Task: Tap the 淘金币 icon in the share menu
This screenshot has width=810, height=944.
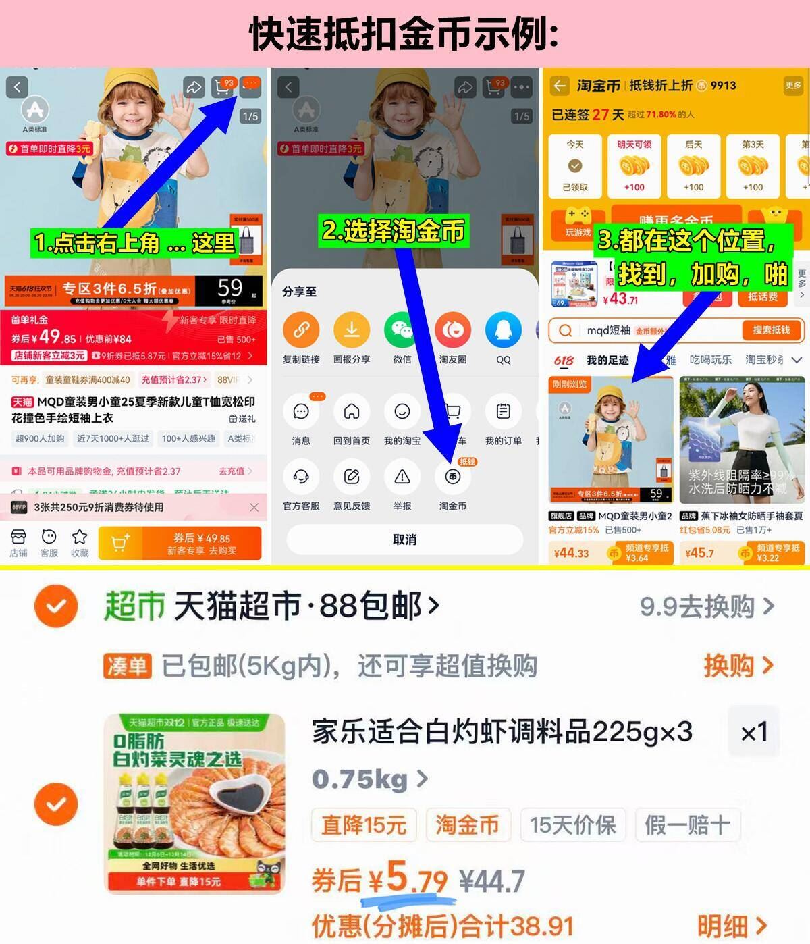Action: click(452, 477)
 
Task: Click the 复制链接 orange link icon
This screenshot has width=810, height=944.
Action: click(301, 330)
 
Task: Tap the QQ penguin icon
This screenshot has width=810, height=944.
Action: click(503, 330)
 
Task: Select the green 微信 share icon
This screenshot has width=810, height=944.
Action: click(402, 330)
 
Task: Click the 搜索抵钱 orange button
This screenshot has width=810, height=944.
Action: click(771, 330)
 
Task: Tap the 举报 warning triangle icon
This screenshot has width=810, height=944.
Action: click(402, 477)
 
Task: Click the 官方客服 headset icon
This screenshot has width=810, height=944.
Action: click(301, 477)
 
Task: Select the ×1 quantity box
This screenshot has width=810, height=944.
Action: click(754, 732)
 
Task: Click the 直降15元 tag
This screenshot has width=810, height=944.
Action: click(363, 824)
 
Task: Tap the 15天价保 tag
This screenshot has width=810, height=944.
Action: click(572, 824)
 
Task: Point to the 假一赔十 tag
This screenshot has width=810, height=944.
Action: click(687, 824)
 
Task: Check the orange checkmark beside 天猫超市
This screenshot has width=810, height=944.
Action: click(56, 606)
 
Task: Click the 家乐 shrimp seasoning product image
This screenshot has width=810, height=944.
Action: click(194, 804)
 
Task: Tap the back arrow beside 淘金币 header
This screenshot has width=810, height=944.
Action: click(560, 86)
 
